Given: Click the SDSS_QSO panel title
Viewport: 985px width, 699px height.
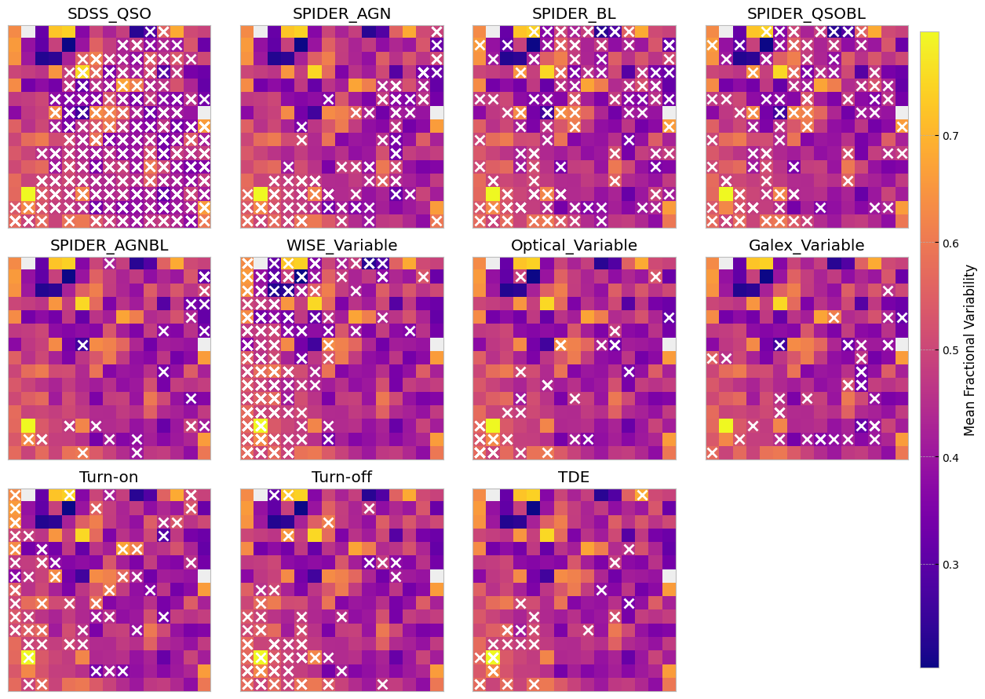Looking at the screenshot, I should [x=109, y=13].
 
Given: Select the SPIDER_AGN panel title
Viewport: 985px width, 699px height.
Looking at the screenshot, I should [x=341, y=13].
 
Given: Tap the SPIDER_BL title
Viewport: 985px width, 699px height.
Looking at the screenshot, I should [x=574, y=13].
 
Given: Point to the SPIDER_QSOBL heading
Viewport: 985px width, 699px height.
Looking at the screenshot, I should [x=806, y=13].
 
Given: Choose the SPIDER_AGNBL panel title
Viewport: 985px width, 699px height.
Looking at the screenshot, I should [x=109, y=245].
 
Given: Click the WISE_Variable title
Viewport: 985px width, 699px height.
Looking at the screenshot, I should [x=341, y=245].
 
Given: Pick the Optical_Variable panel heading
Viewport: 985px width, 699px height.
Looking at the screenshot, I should [x=574, y=245].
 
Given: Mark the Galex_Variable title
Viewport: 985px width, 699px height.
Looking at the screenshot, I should [x=806, y=245].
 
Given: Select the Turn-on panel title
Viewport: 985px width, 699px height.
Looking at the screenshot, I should [x=109, y=478].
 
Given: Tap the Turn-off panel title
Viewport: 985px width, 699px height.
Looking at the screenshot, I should [x=341, y=478].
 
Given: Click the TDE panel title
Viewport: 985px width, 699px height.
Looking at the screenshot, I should [x=574, y=478].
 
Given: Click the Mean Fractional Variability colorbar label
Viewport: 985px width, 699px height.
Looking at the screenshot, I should [x=970, y=349].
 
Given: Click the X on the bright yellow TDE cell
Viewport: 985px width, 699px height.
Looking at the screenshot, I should [x=493, y=657].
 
